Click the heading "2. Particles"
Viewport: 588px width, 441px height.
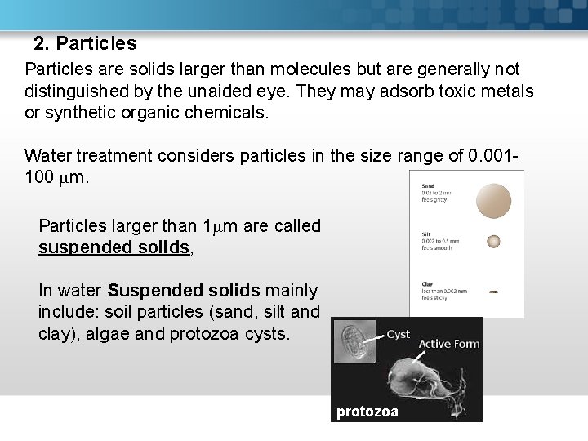(85, 42)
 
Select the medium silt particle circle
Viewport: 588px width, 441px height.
(493, 241)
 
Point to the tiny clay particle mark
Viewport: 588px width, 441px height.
(493, 290)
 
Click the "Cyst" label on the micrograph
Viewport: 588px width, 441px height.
(398, 335)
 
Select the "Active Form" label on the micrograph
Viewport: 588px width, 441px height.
(448, 344)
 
